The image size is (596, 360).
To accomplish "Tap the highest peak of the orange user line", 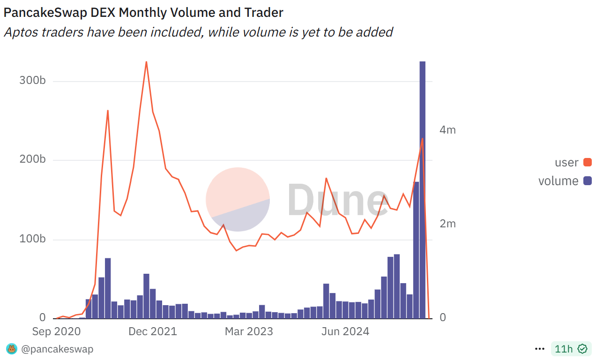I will tap(146, 62).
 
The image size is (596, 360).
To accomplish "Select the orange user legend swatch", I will tap(587, 163).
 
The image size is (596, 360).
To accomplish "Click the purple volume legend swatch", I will tap(587, 181).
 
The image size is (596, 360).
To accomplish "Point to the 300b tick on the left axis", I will tap(32, 81).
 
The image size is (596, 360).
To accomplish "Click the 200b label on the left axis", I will tap(32, 160).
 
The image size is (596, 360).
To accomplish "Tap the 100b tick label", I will tap(32, 240).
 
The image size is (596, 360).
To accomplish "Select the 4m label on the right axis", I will tap(447, 130).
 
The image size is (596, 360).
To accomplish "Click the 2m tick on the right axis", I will tap(447, 224).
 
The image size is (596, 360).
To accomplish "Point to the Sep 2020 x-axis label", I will tap(56, 332).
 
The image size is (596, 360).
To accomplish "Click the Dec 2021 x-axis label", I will tap(153, 332).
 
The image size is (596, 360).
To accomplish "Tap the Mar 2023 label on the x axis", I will tap(249, 332).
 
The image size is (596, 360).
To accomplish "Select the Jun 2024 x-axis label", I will tap(345, 332).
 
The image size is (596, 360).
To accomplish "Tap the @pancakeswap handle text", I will tap(57, 349).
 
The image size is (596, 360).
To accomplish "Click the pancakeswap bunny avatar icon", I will tap(11, 349).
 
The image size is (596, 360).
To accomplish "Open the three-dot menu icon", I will tap(540, 349).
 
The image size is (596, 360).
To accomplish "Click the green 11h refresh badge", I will tap(569, 349).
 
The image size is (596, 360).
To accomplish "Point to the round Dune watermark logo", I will tap(238, 199).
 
